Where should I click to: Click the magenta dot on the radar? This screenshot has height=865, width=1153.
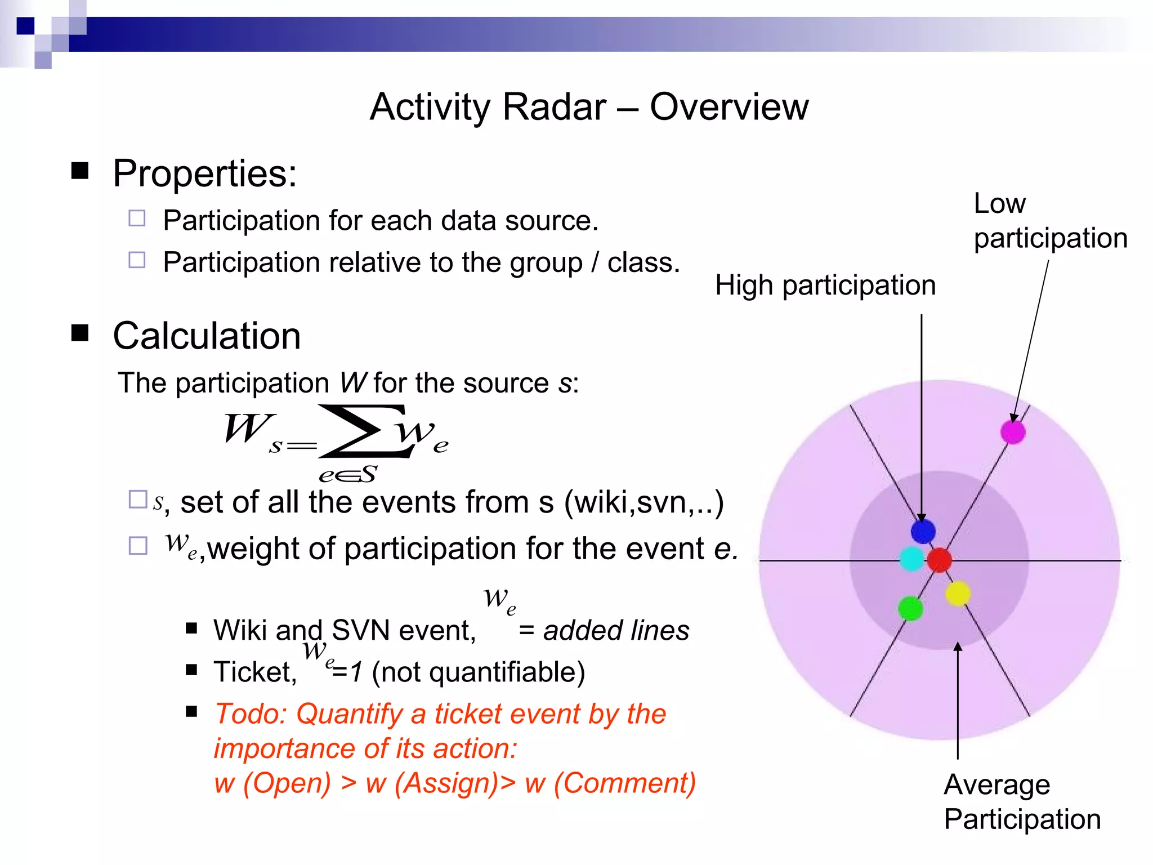click(1013, 432)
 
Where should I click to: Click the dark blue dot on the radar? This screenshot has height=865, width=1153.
click(923, 531)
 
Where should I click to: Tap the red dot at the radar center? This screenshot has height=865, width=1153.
click(939, 560)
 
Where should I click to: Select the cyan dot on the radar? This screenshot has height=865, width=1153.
click(911, 559)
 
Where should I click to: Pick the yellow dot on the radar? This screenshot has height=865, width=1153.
click(958, 594)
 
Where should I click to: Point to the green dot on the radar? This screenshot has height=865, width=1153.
click(910, 608)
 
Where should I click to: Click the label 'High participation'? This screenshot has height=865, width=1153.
click(825, 286)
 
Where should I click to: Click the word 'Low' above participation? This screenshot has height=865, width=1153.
click(999, 203)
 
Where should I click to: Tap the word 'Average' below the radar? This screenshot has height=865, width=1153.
click(996, 784)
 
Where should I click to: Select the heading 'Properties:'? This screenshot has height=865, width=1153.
click(204, 173)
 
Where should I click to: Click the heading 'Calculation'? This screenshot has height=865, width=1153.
click(207, 336)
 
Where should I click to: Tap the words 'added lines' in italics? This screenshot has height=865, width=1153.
click(616, 630)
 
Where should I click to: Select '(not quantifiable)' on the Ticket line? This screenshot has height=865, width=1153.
click(479, 672)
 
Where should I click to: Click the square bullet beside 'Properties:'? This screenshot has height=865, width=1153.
click(80, 171)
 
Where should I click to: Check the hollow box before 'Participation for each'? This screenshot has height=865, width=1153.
click(137, 218)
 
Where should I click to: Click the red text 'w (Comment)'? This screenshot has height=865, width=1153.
click(610, 783)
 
